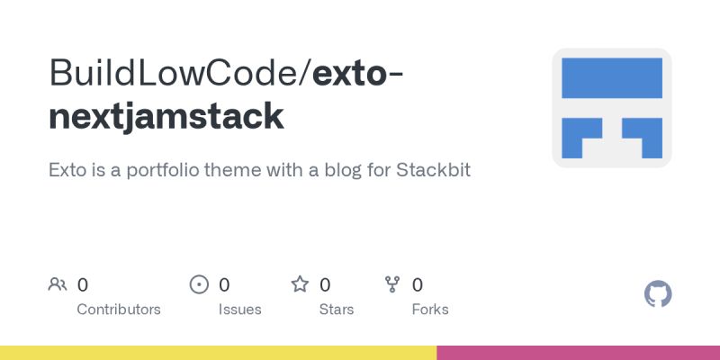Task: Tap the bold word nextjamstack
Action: coord(166,117)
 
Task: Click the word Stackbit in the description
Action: coord(433,169)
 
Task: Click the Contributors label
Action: coord(119,310)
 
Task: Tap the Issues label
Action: coord(239,310)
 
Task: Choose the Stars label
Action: coord(336,310)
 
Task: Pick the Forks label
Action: coord(430,310)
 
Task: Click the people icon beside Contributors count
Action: coord(58,285)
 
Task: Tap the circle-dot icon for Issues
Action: coord(200,285)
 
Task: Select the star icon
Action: coord(300,285)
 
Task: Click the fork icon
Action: coord(392,285)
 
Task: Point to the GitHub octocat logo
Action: coord(659,294)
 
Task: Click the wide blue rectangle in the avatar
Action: coord(612,77)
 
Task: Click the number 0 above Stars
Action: coord(325,285)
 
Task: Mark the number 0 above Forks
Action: coord(418,285)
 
